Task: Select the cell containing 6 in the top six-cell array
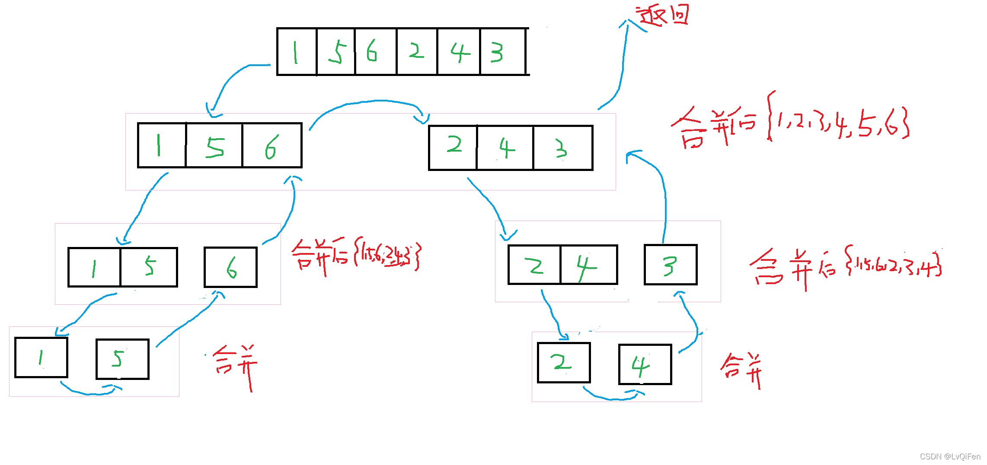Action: pos(375,51)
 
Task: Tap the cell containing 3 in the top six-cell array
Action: pos(502,51)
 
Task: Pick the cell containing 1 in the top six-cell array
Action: pos(297,51)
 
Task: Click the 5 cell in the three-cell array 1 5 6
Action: pos(214,146)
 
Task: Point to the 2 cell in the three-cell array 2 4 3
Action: pos(453,148)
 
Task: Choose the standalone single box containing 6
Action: pos(230,267)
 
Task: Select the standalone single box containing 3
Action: pos(671,265)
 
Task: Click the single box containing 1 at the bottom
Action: pos(41,357)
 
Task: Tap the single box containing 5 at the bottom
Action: pos(122,359)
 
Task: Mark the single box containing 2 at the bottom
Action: pos(564,363)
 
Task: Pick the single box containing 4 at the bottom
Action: pos(645,364)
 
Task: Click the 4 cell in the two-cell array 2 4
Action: pos(589,265)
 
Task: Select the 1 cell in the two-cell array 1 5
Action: pos(94,267)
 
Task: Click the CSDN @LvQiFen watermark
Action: pos(950,456)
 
